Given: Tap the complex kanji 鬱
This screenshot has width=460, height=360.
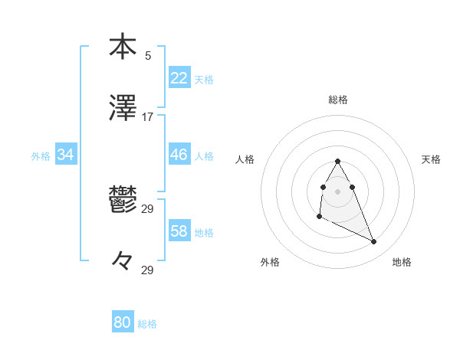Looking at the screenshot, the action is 123,200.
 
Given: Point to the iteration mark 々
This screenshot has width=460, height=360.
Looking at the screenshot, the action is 123,261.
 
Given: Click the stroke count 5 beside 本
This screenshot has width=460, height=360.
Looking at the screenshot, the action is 148,55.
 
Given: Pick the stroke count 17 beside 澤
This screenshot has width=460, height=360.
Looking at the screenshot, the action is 148,117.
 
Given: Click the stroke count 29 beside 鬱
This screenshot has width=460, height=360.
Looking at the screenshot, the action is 148,209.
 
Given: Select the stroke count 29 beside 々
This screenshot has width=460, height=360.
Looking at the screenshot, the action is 148,270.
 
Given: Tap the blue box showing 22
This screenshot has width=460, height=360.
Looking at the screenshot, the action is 179,78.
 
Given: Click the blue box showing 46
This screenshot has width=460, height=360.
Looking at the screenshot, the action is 179,155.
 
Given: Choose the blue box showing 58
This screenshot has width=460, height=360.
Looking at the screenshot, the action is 179,231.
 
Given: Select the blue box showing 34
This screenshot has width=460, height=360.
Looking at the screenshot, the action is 66,155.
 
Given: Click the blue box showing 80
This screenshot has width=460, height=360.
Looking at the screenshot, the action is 123,323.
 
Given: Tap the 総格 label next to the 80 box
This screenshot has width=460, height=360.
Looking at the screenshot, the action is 147,324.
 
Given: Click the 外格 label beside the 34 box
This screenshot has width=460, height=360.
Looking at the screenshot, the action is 41,155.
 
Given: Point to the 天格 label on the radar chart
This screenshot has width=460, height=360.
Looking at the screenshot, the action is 431,159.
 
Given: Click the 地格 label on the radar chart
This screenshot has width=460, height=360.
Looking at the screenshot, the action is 402,262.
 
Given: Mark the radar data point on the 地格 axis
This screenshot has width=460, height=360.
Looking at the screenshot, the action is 374,242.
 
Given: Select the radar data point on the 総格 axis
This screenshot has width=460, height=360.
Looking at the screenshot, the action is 337,161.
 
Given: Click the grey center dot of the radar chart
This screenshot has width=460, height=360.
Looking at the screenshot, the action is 337,191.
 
